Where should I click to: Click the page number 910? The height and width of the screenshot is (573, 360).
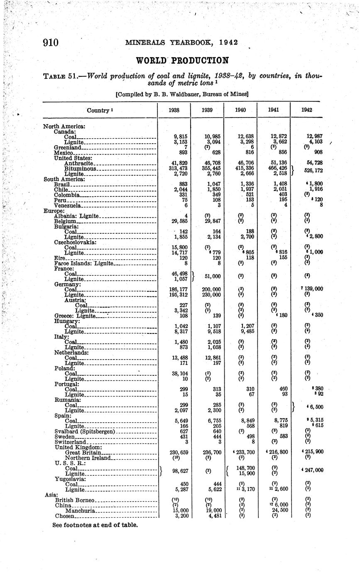[x=51, y=43]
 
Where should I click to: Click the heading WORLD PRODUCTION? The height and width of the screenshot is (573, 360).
[x=182, y=61]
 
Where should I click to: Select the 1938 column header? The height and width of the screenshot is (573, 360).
[x=174, y=110]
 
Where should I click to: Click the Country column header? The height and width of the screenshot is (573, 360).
[x=99, y=110]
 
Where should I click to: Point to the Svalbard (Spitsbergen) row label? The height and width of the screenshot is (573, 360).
[x=85, y=431]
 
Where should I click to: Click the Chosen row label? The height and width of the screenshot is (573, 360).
[x=65, y=516]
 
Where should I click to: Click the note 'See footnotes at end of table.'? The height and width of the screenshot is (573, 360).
[x=95, y=525]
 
